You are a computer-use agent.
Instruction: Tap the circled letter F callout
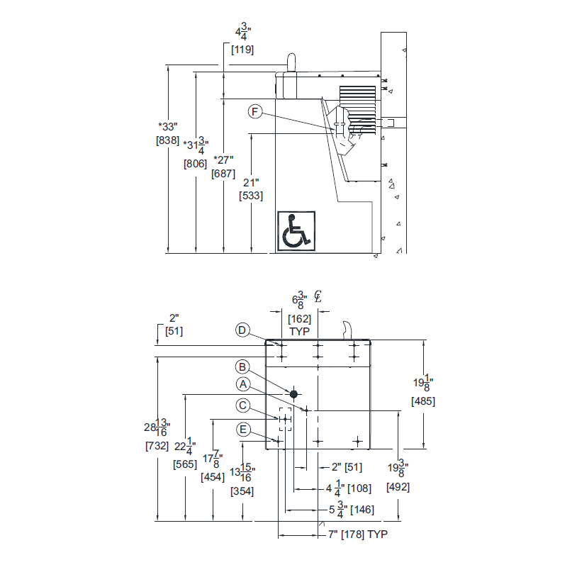click(x=256, y=112)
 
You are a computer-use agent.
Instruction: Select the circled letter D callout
click(x=243, y=330)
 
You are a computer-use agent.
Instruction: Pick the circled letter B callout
click(x=243, y=366)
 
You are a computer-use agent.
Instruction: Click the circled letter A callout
click(x=243, y=384)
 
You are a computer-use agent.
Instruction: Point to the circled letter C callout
click(x=243, y=405)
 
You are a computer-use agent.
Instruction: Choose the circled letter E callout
click(x=243, y=430)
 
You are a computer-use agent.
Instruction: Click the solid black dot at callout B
click(x=293, y=393)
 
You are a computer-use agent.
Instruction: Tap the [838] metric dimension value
click(x=167, y=140)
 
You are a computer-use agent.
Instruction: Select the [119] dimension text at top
click(x=242, y=50)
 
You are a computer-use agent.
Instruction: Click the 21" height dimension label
click(x=251, y=182)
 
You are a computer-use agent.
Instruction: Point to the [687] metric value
click(x=223, y=174)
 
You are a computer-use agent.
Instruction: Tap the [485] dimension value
click(x=423, y=401)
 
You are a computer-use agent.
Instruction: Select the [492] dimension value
click(x=398, y=487)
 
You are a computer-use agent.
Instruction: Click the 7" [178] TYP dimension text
click(x=358, y=534)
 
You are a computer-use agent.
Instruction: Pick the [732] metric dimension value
click(x=157, y=446)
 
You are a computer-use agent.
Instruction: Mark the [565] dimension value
click(x=185, y=464)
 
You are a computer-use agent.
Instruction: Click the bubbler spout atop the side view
click(x=290, y=63)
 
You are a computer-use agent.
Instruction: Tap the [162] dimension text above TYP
click(x=300, y=319)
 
